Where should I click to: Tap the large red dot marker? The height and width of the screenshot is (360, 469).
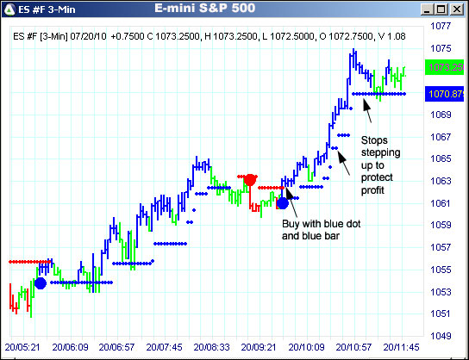(x=250, y=180)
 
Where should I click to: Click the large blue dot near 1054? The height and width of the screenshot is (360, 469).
(x=40, y=282)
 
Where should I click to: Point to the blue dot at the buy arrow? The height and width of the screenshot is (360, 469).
(x=281, y=202)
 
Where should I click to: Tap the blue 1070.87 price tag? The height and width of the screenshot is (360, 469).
(x=445, y=93)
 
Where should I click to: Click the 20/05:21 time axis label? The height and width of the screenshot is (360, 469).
(x=22, y=348)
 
